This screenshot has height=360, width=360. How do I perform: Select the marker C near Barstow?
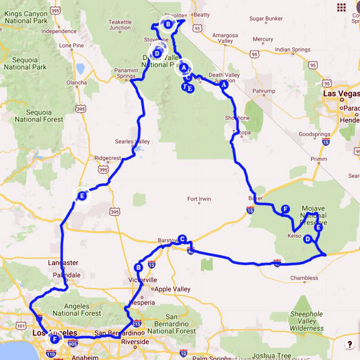(182, 238)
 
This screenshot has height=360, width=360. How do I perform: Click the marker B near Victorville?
(139, 267)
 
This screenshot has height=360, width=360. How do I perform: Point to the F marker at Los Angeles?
(55, 339)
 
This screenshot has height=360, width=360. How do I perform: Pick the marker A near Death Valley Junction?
(223, 84)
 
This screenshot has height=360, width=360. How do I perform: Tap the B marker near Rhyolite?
(168, 24)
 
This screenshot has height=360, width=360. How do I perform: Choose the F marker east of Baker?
(285, 209)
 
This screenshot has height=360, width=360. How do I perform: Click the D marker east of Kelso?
(308, 239)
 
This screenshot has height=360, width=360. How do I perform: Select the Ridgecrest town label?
(108, 158)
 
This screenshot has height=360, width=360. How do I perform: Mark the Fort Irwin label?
(199, 199)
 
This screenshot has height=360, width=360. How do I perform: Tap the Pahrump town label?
(263, 91)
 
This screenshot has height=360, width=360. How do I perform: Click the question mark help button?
(350, 345)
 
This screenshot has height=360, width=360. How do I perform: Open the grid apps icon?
(341, 7)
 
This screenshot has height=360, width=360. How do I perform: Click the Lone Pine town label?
(72, 45)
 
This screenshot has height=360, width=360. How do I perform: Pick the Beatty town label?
(201, 15)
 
